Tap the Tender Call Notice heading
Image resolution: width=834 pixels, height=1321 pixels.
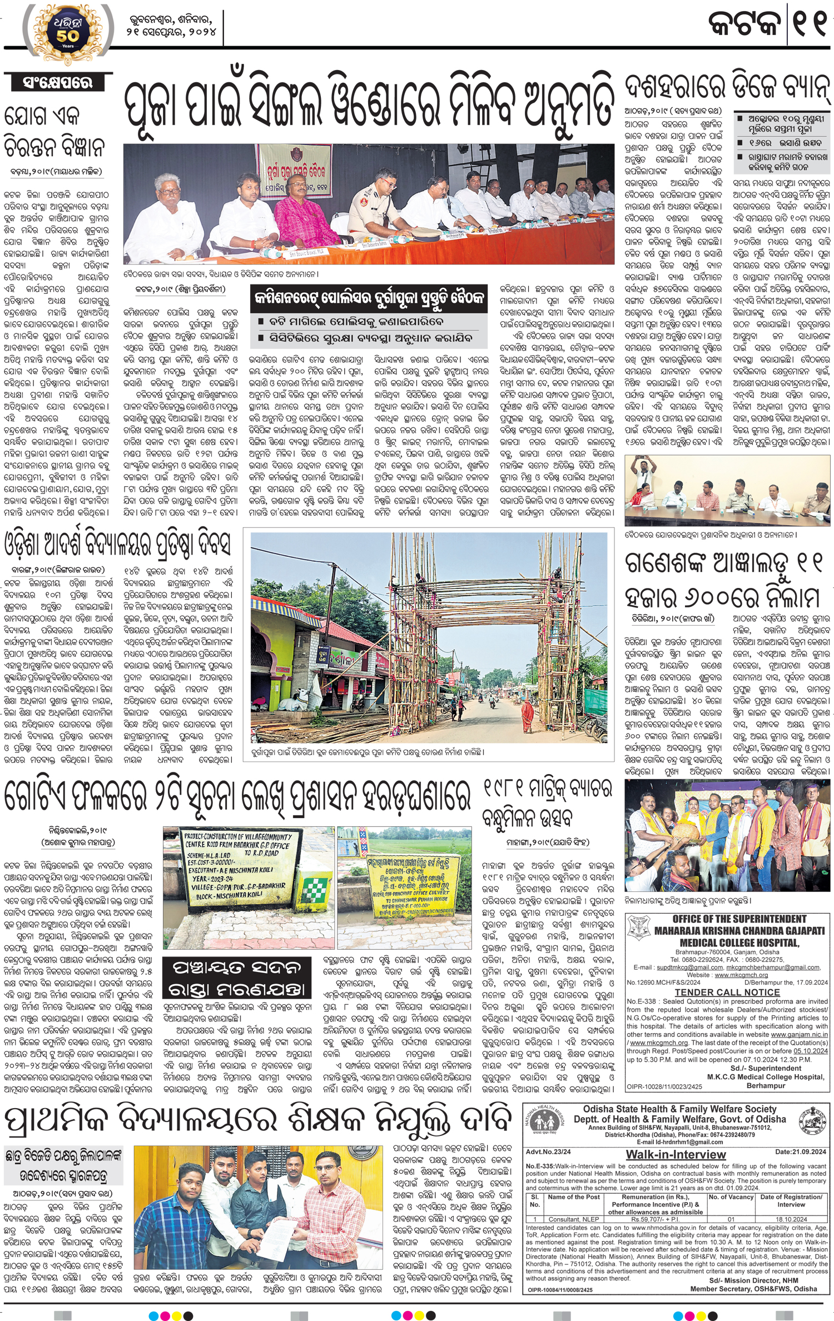[x=727, y=992]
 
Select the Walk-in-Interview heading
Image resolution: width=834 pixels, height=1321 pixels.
[x=676, y=1154]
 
